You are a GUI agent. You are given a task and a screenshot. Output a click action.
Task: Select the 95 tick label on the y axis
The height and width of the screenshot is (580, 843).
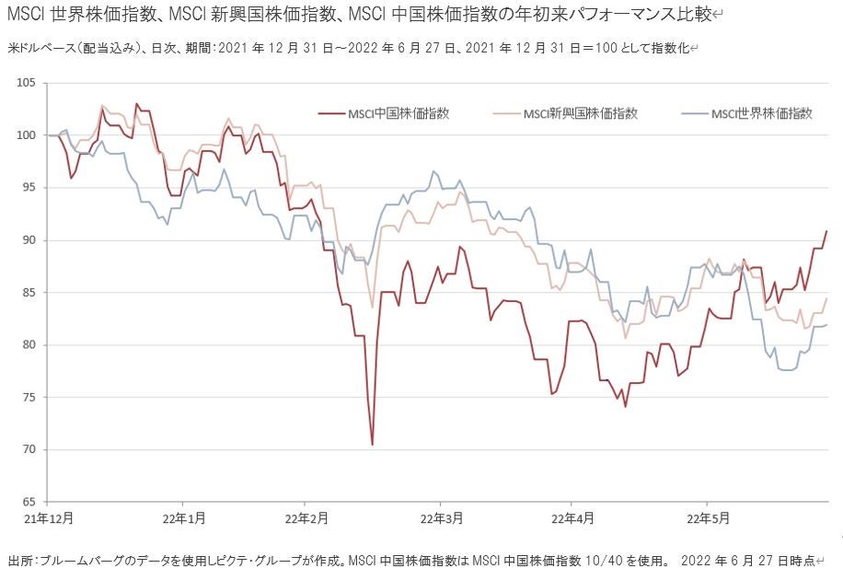[28, 188]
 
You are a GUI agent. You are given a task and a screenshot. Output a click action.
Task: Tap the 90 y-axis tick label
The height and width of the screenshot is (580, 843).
[28, 240]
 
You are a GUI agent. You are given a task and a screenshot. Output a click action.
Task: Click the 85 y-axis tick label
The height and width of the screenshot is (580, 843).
[28, 293]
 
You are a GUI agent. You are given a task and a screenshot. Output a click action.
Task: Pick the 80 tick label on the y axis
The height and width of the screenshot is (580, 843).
[28, 345]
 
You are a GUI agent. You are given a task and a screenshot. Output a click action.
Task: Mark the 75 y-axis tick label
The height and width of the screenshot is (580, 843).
[28, 398]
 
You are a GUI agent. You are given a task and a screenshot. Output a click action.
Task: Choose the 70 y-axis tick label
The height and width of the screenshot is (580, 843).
[28, 450]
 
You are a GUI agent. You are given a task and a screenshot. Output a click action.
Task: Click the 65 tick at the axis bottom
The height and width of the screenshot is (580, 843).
[28, 503]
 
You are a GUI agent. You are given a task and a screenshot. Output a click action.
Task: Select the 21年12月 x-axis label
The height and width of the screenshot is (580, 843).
[49, 518]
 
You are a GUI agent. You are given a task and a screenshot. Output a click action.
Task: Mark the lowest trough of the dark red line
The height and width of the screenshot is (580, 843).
[372, 445]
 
